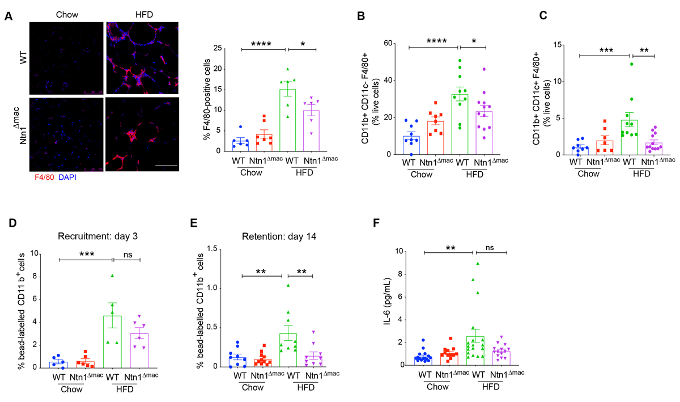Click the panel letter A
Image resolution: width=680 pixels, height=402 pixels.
(x=8, y=16)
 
